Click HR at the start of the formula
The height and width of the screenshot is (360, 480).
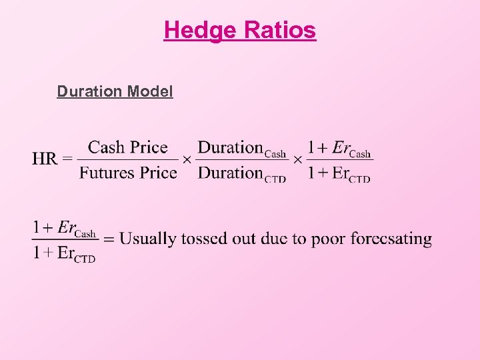click(x=45, y=160)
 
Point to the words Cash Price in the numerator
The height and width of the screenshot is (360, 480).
click(x=128, y=147)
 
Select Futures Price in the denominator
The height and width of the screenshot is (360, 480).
click(x=128, y=173)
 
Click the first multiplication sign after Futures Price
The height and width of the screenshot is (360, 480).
click(x=187, y=161)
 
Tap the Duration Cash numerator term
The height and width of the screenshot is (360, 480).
click(x=242, y=148)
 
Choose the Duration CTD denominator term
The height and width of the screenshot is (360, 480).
click(x=242, y=173)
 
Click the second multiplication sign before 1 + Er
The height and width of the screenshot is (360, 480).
click(x=297, y=161)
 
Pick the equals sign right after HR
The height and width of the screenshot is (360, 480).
click(x=67, y=160)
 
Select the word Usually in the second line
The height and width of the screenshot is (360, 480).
click(x=148, y=239)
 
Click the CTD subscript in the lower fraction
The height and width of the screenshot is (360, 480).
click(x=84, y=259)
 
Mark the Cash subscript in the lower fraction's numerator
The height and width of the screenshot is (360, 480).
click(x=86, y=233)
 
